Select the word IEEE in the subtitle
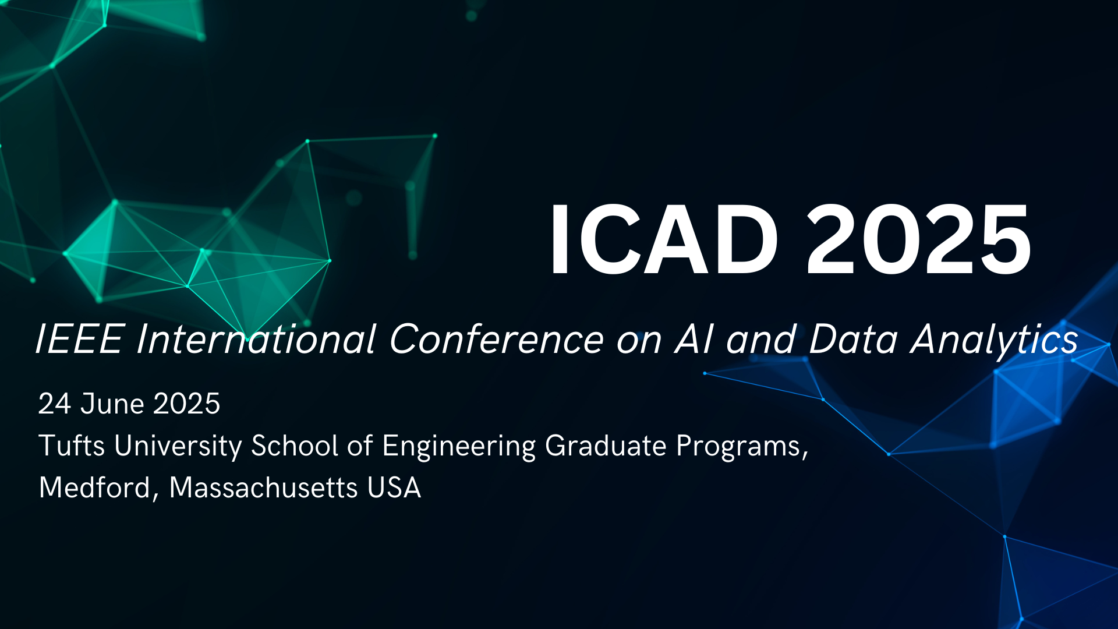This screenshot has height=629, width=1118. [79, 339]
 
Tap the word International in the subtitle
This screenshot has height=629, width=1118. [256, 339]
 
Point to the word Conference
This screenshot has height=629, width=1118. [497, 339]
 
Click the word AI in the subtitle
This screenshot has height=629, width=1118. [695, 339]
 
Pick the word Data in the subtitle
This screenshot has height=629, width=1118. [854, 339]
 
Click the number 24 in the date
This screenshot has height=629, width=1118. [54, 404]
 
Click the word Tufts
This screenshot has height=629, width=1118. [72, 446]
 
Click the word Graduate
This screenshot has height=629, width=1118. [606, 446]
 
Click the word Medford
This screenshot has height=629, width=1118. [95, 488]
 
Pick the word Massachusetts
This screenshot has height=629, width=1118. [263, 488]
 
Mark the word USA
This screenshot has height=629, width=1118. [394, 488]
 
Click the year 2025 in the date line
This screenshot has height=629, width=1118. [187, 404]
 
